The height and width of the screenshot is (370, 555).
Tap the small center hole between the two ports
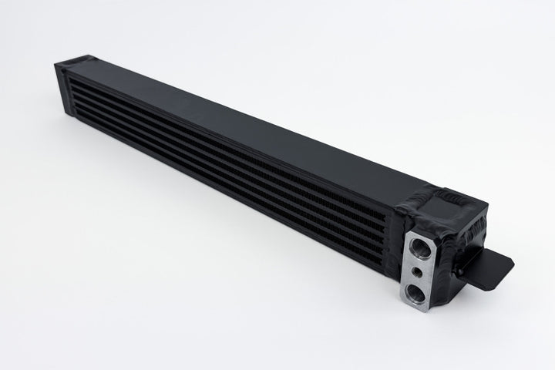pyautogui.click(x=417, y=271)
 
